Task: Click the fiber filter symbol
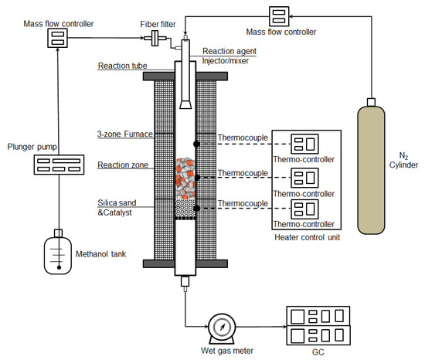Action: (155, 38)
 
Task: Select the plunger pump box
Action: (59, 165)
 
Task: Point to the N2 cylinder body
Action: (371, 170)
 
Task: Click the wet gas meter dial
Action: (222, 327)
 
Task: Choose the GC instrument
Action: (318, 325)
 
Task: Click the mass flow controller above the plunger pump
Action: (57, 38)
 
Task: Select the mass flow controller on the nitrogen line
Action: (279, 16)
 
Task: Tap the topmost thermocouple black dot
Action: (197, 144)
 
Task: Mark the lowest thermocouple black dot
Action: (197, 209)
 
